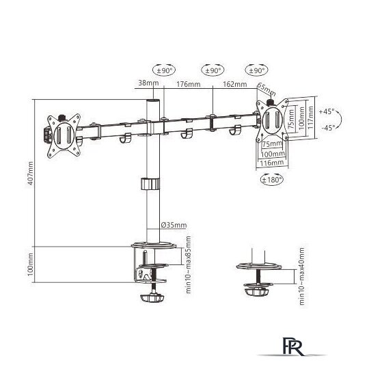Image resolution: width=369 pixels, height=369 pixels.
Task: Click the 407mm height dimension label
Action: [x=31, y=173]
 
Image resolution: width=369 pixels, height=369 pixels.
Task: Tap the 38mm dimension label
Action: [x=148, y=83]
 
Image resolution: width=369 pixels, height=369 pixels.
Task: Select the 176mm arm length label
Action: [x=189, y=84]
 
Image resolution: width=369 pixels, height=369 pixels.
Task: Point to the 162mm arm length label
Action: [x=235, y=84]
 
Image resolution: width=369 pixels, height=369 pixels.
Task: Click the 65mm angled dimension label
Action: [x=266, y=90]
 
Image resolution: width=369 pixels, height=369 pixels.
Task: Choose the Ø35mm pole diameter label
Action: [x=174, y=225]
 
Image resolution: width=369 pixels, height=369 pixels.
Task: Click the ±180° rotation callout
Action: [x=272, y=180]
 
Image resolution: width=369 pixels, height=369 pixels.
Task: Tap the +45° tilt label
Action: [x=327, y=111]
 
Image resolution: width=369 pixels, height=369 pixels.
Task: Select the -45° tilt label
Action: [x=328, y=128]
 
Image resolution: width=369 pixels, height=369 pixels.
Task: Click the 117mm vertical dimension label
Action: [x=310, y=118]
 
